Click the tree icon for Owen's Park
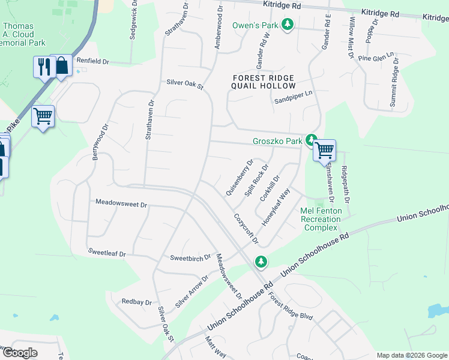[x=288, y=25]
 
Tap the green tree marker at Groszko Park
[x=311, y=140]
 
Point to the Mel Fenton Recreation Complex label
[x=321, y=219]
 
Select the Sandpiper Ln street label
[x=294, y=93]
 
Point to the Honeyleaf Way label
[x=276, y=207]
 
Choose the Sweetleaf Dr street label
[x=106, y=254]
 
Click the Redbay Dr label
[x=136, y=302]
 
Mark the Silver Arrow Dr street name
[x=191, y=292]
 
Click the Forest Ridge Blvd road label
[x=291, y=306]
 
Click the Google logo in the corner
[x=19, y=353]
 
